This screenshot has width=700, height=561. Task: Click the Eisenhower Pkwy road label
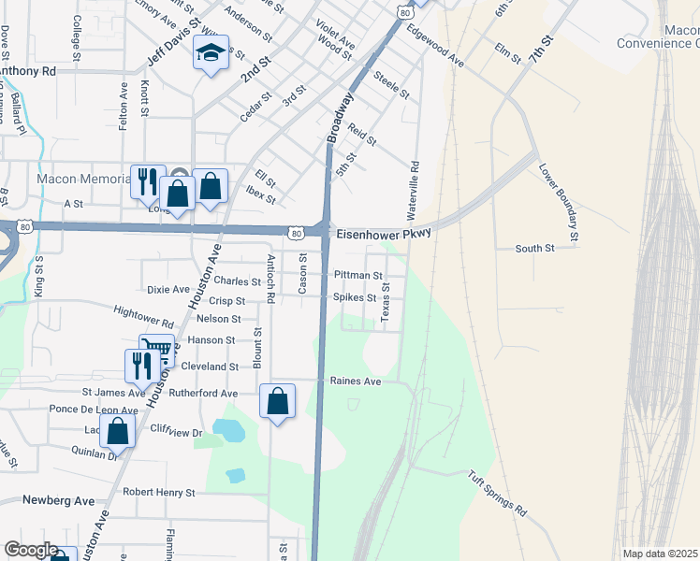tap(383, 234)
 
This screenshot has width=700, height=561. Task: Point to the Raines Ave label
tap(356, 381)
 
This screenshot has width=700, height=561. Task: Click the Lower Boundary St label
tap(559, 203)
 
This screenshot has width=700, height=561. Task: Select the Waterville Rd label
tap(414, 186)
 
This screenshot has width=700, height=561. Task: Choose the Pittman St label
tap(358, 276)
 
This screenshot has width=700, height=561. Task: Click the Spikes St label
tap(355, 298)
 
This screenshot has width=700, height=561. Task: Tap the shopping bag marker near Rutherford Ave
tap(277, 402)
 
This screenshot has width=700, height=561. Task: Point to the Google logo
tap(31, 550)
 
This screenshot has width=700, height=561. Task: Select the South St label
tap(535, 249)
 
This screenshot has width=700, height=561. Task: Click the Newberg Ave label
tap(59, 501)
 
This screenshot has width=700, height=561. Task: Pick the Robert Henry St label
tap(158, 492)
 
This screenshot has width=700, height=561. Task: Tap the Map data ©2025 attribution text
tap(661, 554)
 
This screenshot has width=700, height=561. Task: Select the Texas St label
tap(385, 306)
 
